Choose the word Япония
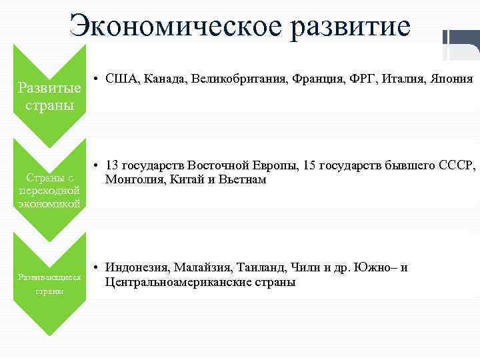451,79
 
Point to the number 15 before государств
310,165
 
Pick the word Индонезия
137,267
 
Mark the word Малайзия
202,267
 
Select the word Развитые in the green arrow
49,87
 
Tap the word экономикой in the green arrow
49,203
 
